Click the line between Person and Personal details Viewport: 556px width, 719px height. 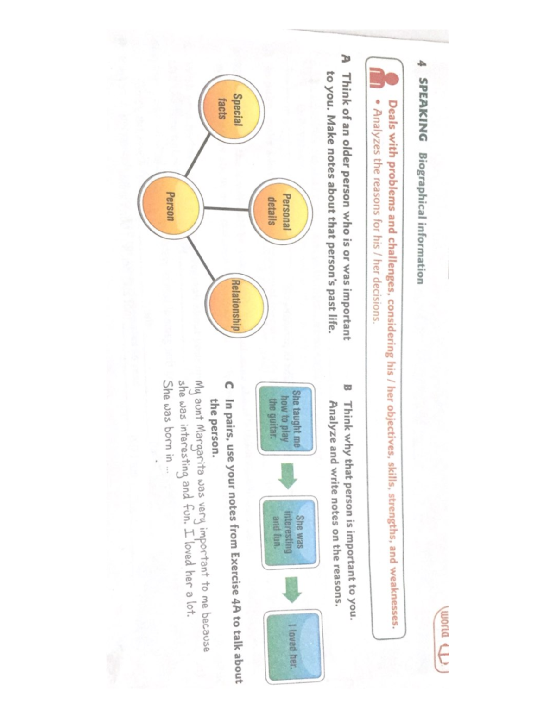pyautogui.click(x=226, y=208)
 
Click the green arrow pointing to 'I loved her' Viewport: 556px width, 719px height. pyautogui.click(x=292, y=590)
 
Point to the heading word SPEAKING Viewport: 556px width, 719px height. pyautogui.click(x=423, y=110)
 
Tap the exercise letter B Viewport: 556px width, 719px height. pyautogui.click(x=347, y=388)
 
